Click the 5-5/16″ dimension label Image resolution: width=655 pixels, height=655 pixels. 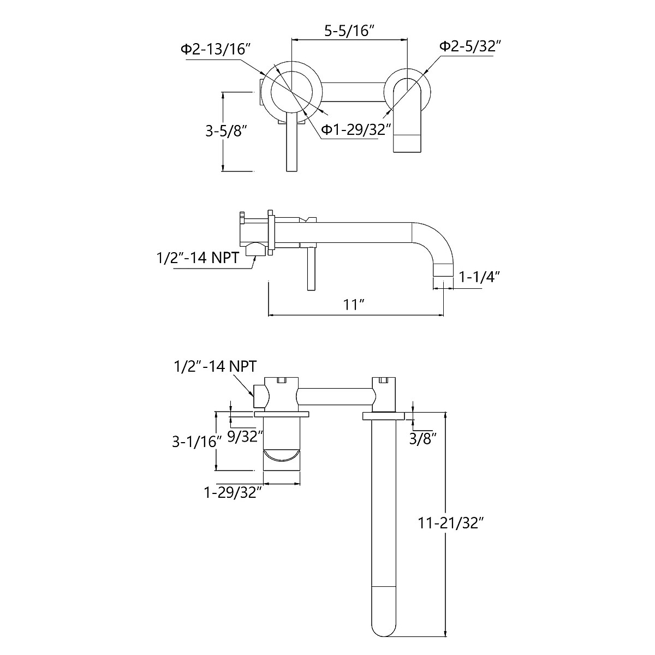click(349, 31)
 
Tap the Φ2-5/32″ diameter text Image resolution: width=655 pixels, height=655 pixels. click(470, 46)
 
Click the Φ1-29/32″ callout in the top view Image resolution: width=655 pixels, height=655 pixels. click(356, 129)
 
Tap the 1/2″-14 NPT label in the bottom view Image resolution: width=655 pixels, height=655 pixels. click(215, 365)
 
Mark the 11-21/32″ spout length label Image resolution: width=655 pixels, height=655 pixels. click(451, 523)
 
